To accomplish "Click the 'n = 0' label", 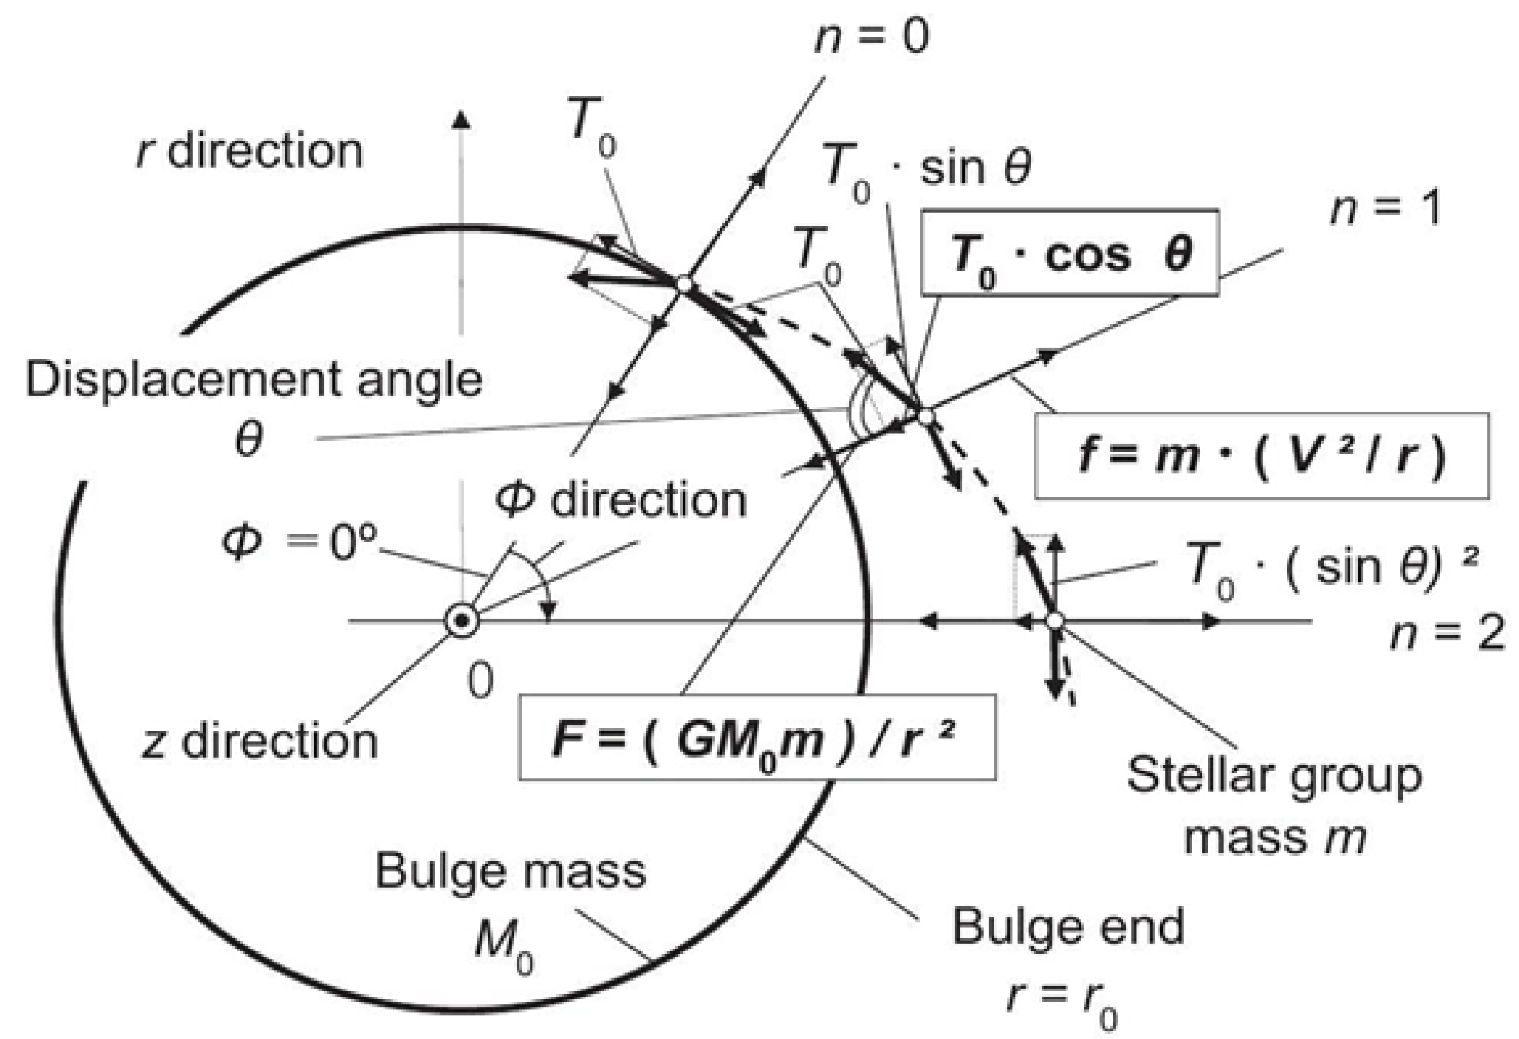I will (x=871, y=37).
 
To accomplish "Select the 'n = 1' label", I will (x=1385, y=209).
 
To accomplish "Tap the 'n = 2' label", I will (x=1447, y=634).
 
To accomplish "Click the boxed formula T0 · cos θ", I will (x=1069, y=253).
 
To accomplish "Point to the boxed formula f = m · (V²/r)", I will (x=1261, y=456).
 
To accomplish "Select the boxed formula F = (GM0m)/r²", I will (x=757, y=736).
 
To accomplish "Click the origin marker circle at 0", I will (x=462, y=621).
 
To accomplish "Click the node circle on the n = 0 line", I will (x=684, y=284).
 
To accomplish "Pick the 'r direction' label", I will (x=250, y=151).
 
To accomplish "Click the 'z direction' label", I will (x=259, y=741).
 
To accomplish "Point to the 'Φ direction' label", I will (x=620, y=500).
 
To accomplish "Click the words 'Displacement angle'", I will (x=254, y=380).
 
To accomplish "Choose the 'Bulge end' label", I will (x=1068, y=926).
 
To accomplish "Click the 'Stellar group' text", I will (x=1274, y=776).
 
